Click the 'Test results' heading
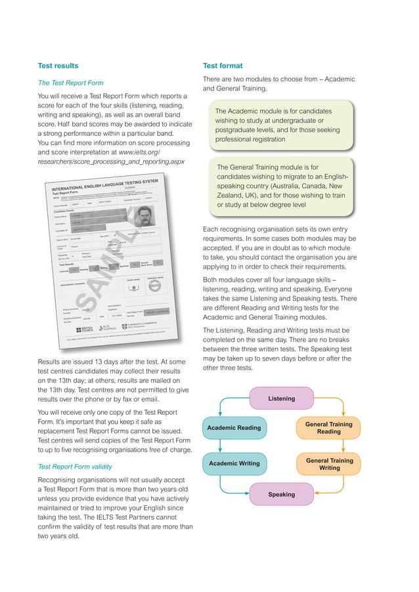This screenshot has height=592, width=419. pyautogui.click(x=58, y=66)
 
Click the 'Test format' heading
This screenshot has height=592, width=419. pyautogui.click(x=223, y=66)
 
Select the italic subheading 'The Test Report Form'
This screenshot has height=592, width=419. pyautogui.click(x=70, y=83)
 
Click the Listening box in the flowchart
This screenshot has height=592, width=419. pyautogui.click(x=281, y=398)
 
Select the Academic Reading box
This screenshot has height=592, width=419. pyautogui.click(x=234, y=428)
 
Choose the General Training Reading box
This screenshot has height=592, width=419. pyautogui.click(x=328, y=428)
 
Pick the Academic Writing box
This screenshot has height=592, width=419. pyautogui.click(x=234, y=464)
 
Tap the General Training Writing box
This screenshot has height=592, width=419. pyautogui.click(x=328, y=464)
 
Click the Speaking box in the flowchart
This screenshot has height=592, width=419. pyautogui.click(x=281, y=494)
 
